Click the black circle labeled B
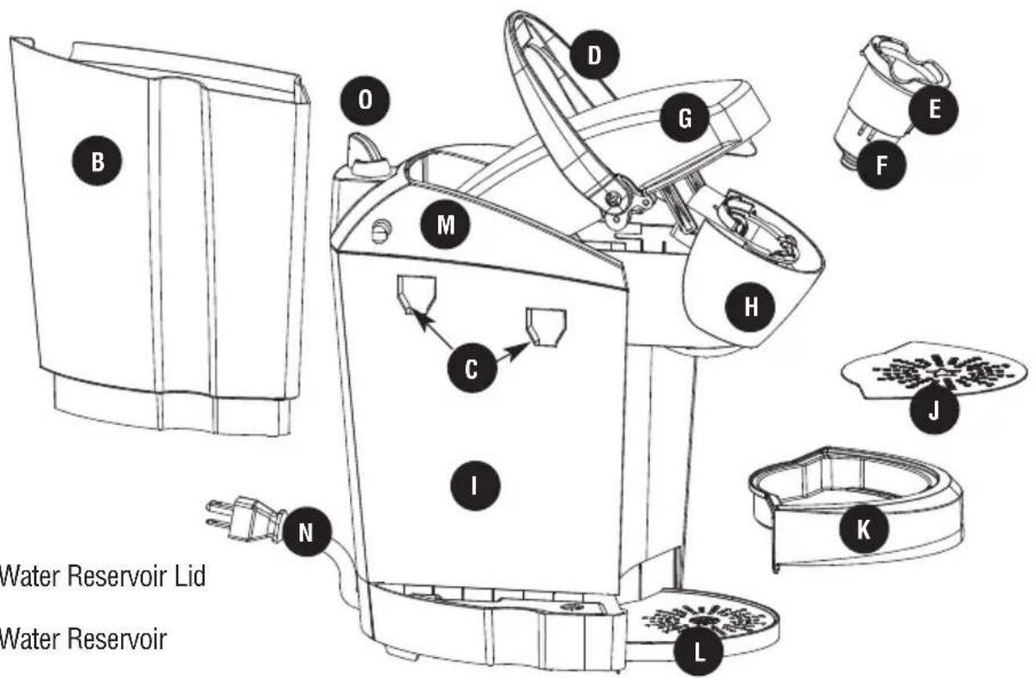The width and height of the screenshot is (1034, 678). click(97, 161)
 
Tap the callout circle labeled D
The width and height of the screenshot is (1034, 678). click(594, 55)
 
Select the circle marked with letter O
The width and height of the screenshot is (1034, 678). click(364, 100)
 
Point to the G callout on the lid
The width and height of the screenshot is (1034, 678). click(684, 118)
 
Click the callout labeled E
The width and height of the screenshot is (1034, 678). click(934, 110)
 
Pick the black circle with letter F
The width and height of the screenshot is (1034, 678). click(881, 165)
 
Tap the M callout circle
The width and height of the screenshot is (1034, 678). click(445, 225)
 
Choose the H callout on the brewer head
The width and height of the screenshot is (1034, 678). click(750, 306)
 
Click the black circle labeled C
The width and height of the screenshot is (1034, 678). click(472, 369)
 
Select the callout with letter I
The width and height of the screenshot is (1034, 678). click(475, 485)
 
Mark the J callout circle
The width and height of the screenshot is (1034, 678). click(935, 409)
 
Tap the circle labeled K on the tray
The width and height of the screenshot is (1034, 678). click(863, 529)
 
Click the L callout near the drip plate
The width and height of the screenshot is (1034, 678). click(699, 652)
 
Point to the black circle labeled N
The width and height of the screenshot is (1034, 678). click(306, 532)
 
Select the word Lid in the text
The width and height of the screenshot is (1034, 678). click(189, 577)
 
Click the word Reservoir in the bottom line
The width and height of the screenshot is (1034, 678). click(117, 639)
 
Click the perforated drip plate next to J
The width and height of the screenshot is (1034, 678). click(935, 370)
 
